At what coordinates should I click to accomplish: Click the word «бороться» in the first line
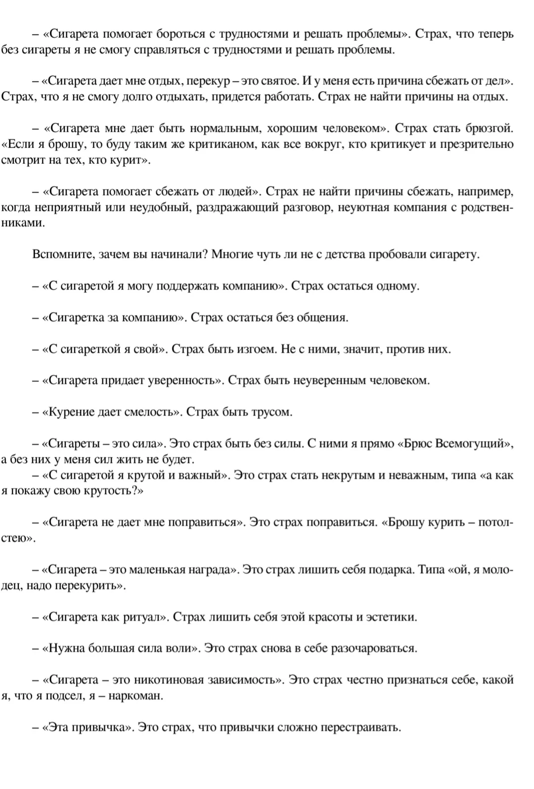[x=179, y=34]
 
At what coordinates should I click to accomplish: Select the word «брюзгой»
[x=489, y=129]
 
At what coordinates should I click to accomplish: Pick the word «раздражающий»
[x=237, y=208]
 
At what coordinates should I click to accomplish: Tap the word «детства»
[x=341, y=255]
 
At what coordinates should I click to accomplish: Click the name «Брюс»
[x=418, y=443]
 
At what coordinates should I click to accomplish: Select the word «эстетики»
[x=391, y=617]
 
